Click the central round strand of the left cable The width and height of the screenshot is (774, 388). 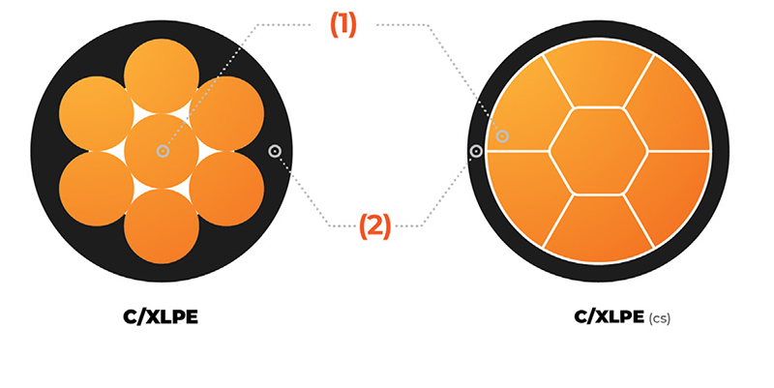point(163,151)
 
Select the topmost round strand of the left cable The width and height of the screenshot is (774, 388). point(163,77)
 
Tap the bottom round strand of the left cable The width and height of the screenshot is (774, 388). point(163,225)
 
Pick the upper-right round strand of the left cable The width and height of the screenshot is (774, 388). point(227,114)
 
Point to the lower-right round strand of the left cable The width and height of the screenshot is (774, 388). point(227,189)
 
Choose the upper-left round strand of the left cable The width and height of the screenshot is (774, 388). point(97,114)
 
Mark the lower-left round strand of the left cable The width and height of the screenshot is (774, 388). point(97,189)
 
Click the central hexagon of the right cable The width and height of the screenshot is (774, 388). point(598,151)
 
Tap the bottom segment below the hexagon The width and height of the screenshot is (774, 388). point(598,227)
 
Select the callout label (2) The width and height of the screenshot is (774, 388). point(374,226)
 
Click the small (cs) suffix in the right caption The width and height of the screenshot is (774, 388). point(659,317)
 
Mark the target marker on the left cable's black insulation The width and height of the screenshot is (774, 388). point(275,151)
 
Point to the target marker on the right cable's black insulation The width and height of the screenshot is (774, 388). point(476,151)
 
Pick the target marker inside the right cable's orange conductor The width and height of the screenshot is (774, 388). point(502,136)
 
